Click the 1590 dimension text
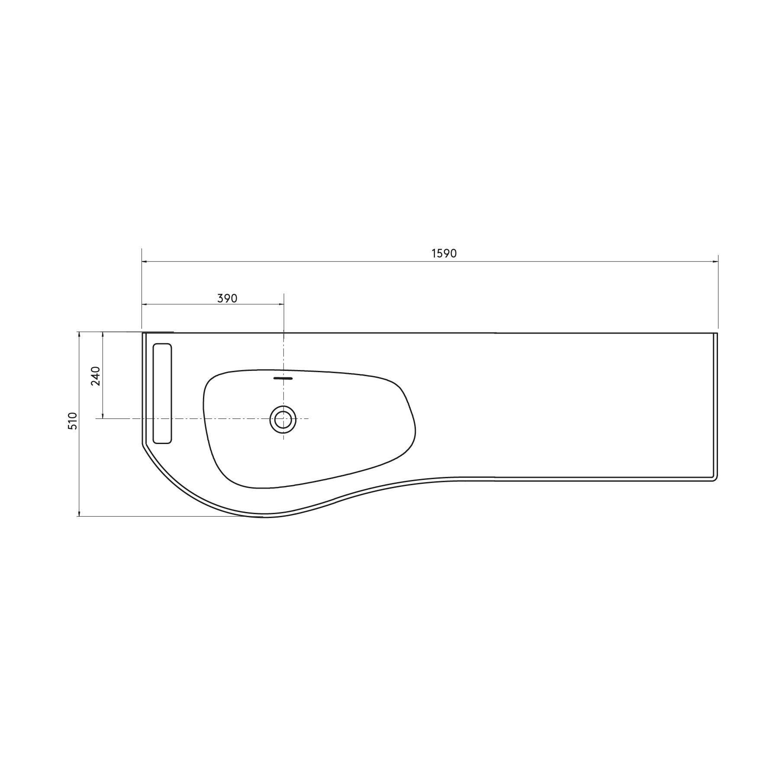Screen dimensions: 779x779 (x=444, y=254)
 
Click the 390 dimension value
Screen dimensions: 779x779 (x=227, y=298)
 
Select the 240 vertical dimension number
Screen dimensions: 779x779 (x=96, y=376)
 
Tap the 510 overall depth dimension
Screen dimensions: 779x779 (x=72, y=421)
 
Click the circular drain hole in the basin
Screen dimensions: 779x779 (x=283, y=419)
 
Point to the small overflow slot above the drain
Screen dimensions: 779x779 (x=283, y=378)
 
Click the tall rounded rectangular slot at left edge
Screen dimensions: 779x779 (x=162, y=393)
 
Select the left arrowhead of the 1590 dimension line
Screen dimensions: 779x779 (x=144, y=261)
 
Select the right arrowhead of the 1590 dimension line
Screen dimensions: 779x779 (x=715, y=261)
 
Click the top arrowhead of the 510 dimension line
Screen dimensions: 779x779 (x=79, y=334)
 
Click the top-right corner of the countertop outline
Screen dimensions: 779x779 (x=717, y=333)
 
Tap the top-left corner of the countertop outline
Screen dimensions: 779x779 (x=143, y=333)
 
